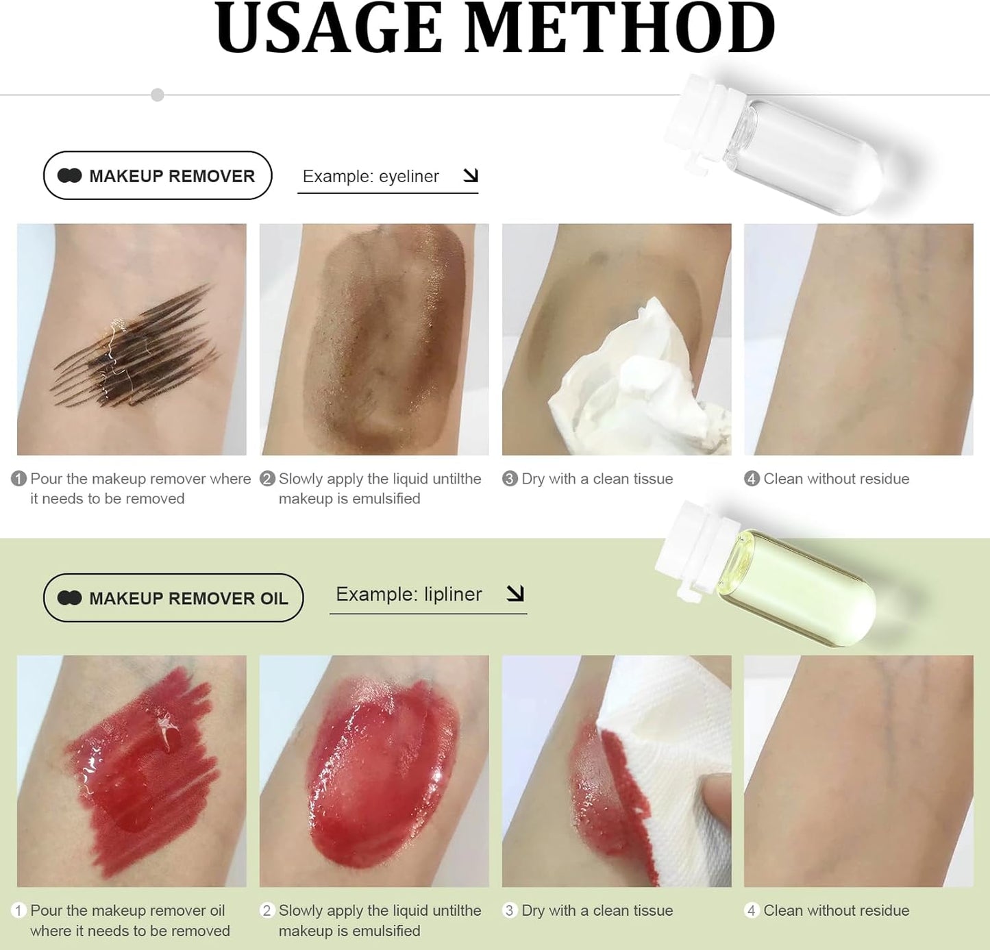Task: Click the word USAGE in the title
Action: (x=329, y=29)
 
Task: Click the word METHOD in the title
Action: (x=620, y=29)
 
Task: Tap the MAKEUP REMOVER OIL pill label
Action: (x=173, y=598)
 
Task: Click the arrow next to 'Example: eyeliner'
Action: (x=471, y=175)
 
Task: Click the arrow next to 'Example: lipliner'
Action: (x=515, y=593)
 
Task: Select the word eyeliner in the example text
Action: (x=408, y=176)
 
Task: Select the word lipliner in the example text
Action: (x=452, y=594)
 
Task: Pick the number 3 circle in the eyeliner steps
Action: (x=510, y=479)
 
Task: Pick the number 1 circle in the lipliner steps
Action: (x=19, y=910)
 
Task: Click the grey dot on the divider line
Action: (x=158, y=95)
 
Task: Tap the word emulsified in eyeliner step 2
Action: (x=386, y=499)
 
